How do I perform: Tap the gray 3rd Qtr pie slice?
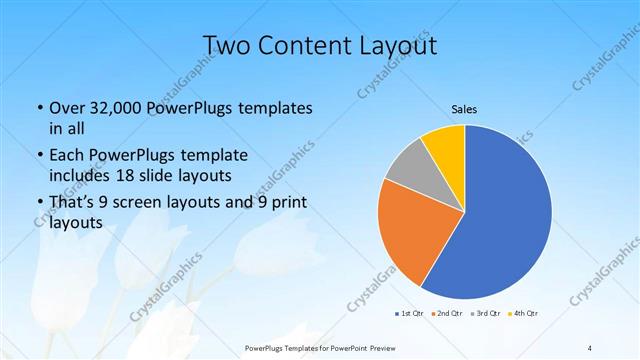click(407, 170)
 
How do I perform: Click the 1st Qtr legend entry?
click(410, 314)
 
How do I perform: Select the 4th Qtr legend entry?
click(525, 314)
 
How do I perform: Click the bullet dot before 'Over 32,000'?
click(39, 108)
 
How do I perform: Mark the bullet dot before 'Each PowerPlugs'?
click(39, 157)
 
